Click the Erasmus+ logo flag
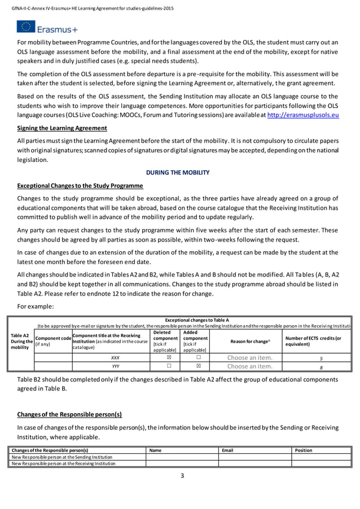(x=25, y=27)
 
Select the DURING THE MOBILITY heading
(x=178, y=172)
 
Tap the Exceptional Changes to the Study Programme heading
(x=80, y=186)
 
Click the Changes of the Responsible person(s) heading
(x=69, y=414)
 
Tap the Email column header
(x=227, y=450)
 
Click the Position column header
(x=304, y=450)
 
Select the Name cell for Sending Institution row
(x=182, y=457)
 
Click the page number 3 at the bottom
(x=182, y=476)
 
